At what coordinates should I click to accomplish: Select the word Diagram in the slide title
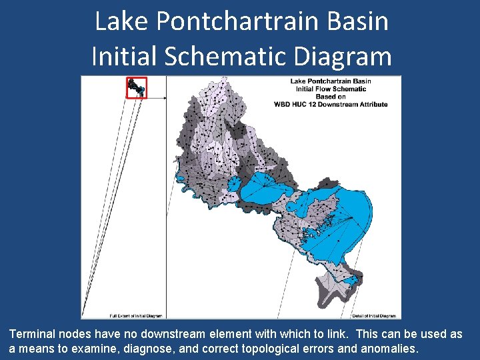tap(347, 56)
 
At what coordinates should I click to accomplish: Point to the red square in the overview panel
tap(136, 87)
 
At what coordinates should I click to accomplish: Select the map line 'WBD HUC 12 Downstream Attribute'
tap(331, 105)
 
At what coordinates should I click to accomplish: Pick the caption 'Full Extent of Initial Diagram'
tap(136, 316)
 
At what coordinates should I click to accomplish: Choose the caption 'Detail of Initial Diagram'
tap(375, 316)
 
